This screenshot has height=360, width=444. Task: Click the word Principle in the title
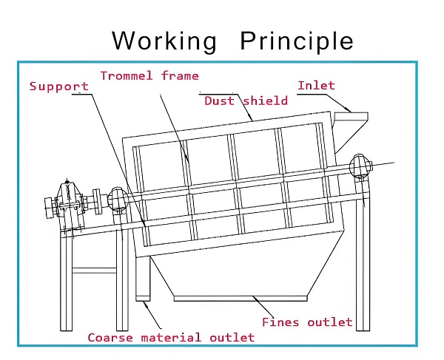pyautogui.click(x=297, y=40)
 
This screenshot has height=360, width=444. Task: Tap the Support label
pyautogui.click(x=59, y=86)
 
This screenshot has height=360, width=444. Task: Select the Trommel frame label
pyautogui.click(x=149, y=75)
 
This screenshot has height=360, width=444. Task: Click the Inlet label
pyautogui.click(x=316, y=86)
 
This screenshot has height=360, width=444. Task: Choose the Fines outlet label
pyautogui.click(x=307, y=322)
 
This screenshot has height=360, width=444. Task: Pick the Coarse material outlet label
pyautogui.click(x=171, y=337)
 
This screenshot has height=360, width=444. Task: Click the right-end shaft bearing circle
pyautogui.click(x=360, y=166)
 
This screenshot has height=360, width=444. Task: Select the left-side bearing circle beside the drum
pyautogui.click(x=117, y=199)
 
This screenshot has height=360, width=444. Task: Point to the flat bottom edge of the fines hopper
pyautogui.click(x=240, y=298)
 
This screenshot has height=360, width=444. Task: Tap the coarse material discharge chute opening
pyautogui.click(x=143, y=298)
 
